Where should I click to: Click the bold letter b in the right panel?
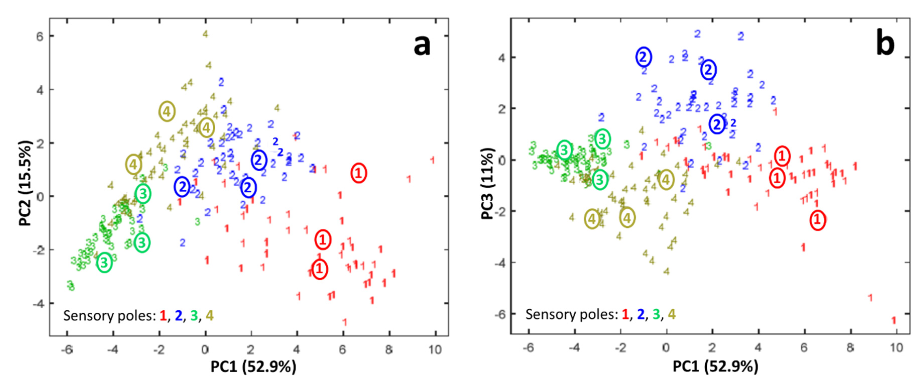(x=885, y=45)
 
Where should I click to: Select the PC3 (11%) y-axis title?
(x=487, y=183)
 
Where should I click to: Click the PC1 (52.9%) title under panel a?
(x=253, y=367)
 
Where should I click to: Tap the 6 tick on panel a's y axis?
(x=40, y=36)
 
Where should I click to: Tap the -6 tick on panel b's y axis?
(x=500, y=314)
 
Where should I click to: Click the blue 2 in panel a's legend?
(x=178, y=316)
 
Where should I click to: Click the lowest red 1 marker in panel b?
(x=893, y=320)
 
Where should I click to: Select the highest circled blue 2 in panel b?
(x=643, y=57)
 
